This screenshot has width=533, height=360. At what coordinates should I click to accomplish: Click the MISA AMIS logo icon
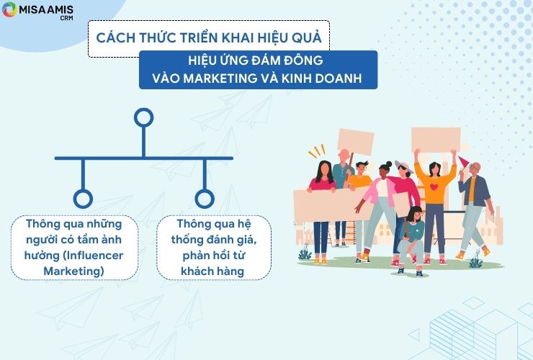(9, 9)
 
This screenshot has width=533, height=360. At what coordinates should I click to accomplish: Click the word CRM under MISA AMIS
(66, 18)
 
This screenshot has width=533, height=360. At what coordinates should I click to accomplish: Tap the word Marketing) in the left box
(73, 271)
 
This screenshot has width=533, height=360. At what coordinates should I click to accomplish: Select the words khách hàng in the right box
(212, 271)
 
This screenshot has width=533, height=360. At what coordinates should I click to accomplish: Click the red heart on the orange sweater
(434, 186)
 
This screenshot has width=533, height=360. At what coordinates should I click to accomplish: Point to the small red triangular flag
(463, 161)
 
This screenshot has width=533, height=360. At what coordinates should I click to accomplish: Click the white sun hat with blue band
(403, 166)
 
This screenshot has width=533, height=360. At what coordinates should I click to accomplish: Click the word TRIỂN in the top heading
(199, 37)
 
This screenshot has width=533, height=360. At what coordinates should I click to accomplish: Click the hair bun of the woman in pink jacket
(388, 165)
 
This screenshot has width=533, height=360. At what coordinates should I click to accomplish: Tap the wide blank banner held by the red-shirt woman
(331, 205)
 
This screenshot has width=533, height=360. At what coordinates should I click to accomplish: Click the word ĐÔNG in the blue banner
(303, 60)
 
